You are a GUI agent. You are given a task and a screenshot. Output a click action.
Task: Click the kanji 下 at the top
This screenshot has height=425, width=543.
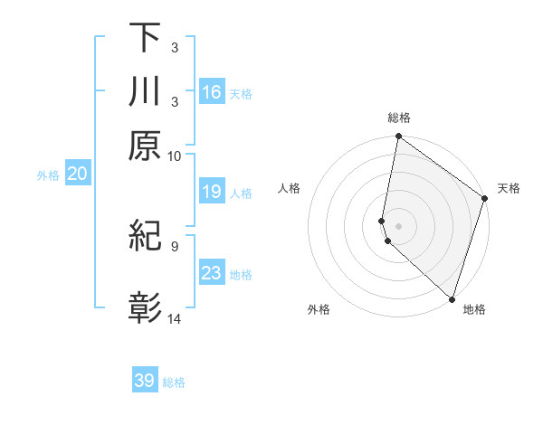(145, 38)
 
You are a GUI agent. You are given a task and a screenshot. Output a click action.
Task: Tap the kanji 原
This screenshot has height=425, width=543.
(145, 146)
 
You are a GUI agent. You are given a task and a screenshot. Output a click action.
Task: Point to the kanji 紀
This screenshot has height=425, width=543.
(145, 236)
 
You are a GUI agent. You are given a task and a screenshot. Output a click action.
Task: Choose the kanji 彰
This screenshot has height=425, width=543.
(145, 308)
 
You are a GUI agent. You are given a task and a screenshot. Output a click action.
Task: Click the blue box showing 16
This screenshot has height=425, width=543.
(212, 92)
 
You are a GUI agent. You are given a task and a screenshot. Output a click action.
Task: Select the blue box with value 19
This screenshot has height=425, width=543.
(212, 192)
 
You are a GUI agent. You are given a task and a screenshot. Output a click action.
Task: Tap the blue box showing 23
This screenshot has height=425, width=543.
(212, 273)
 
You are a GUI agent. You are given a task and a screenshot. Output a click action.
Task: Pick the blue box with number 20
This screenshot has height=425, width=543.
(77, 175)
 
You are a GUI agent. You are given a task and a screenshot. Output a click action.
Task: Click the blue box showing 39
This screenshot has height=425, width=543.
(145, 381)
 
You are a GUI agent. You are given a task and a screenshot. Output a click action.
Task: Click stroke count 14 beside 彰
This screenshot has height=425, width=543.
(175, 318)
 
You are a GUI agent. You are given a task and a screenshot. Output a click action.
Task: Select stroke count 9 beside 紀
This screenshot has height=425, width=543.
(174, 245)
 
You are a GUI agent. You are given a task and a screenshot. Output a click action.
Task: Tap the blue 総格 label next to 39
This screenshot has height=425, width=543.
(175, 382)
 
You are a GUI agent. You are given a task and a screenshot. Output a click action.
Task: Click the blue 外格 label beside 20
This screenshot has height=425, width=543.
(48, 175)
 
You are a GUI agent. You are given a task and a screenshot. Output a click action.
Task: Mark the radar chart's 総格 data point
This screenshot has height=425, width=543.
(398, 137)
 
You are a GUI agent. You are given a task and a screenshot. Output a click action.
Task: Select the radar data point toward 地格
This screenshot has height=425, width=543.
(451, 298)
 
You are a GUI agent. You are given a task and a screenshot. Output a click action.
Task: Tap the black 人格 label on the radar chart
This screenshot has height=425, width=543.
(290, 188)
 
